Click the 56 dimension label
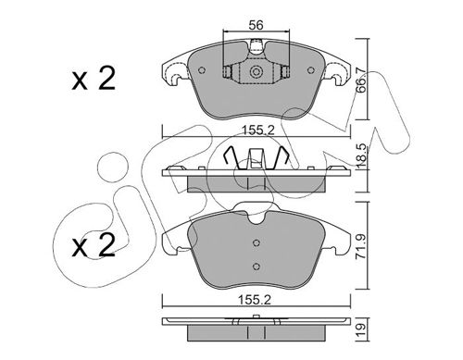click(256, 25)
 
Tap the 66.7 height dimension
click(361, 81)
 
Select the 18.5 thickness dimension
click(361, 155)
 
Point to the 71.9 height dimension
click(361, 246)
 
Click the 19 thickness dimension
click(362, 329)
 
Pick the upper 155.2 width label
click(257, 130)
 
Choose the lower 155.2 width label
click(255, 300)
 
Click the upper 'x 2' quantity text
click(94, 79)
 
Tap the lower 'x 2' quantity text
click(94, 245)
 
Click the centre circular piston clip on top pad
click(256, 72)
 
